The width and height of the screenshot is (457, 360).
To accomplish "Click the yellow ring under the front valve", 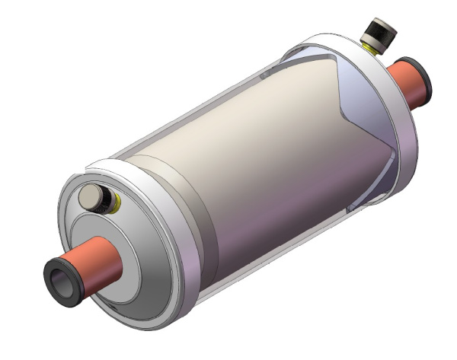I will pyautogui.click(x=117, y=202).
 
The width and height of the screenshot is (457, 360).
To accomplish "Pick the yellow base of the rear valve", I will pyautogui.click(x=370, y=48).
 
